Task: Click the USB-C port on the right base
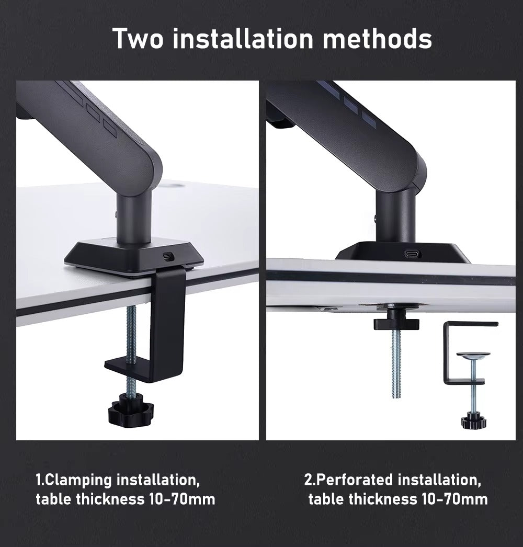click(410, 254)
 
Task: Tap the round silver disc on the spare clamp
click(473, 356)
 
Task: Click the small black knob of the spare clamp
click(472, 420)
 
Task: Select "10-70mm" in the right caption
click(453, 499)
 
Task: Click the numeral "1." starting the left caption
click(41, 480)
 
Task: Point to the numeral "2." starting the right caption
click(310, 480)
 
